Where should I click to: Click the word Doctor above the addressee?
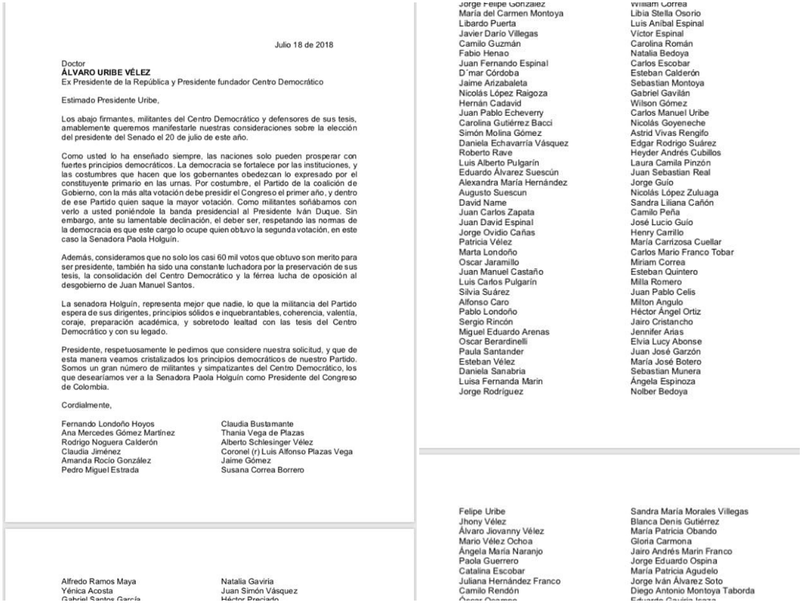tap(74, 62)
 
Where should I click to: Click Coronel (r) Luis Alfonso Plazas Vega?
tap(287, 452)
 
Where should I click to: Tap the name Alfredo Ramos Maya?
tap(100, 580)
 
